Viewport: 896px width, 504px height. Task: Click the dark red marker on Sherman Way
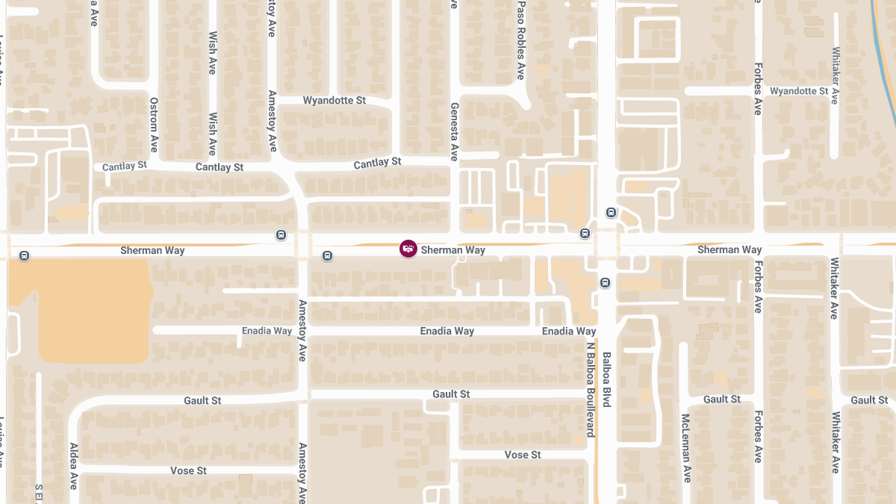[x=408, y=249]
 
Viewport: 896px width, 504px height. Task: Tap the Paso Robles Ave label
[x=521, y=40]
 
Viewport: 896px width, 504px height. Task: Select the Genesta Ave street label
[x=453, y=132]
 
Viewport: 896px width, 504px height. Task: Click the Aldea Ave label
[x=74, y=466]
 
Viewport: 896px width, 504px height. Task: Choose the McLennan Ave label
[x=686, y=448]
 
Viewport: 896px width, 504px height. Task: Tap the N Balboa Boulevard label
[x=589, y=389]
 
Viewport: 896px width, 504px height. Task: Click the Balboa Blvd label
[x=606, y=379]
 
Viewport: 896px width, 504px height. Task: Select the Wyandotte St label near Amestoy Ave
[x=334, y=100]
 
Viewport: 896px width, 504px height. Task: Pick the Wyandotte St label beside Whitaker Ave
[x=799, y=91]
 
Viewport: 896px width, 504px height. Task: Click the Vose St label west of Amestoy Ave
[x=188, y=470]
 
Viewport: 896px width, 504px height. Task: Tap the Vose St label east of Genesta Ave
[x=523, y=455]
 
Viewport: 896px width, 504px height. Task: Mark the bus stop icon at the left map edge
[x=25, y=256]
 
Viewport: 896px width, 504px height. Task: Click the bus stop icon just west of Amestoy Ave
[x=281, y=235]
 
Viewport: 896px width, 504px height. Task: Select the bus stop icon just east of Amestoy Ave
[x=327, y=256]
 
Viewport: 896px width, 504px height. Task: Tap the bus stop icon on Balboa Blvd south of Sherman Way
[x=605, y=282]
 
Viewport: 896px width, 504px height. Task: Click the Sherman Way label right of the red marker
[x=452, y=250]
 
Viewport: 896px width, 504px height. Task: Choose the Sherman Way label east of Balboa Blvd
[x=729, y=249]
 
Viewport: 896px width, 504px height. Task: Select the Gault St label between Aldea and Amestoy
[x=202, y=401]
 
